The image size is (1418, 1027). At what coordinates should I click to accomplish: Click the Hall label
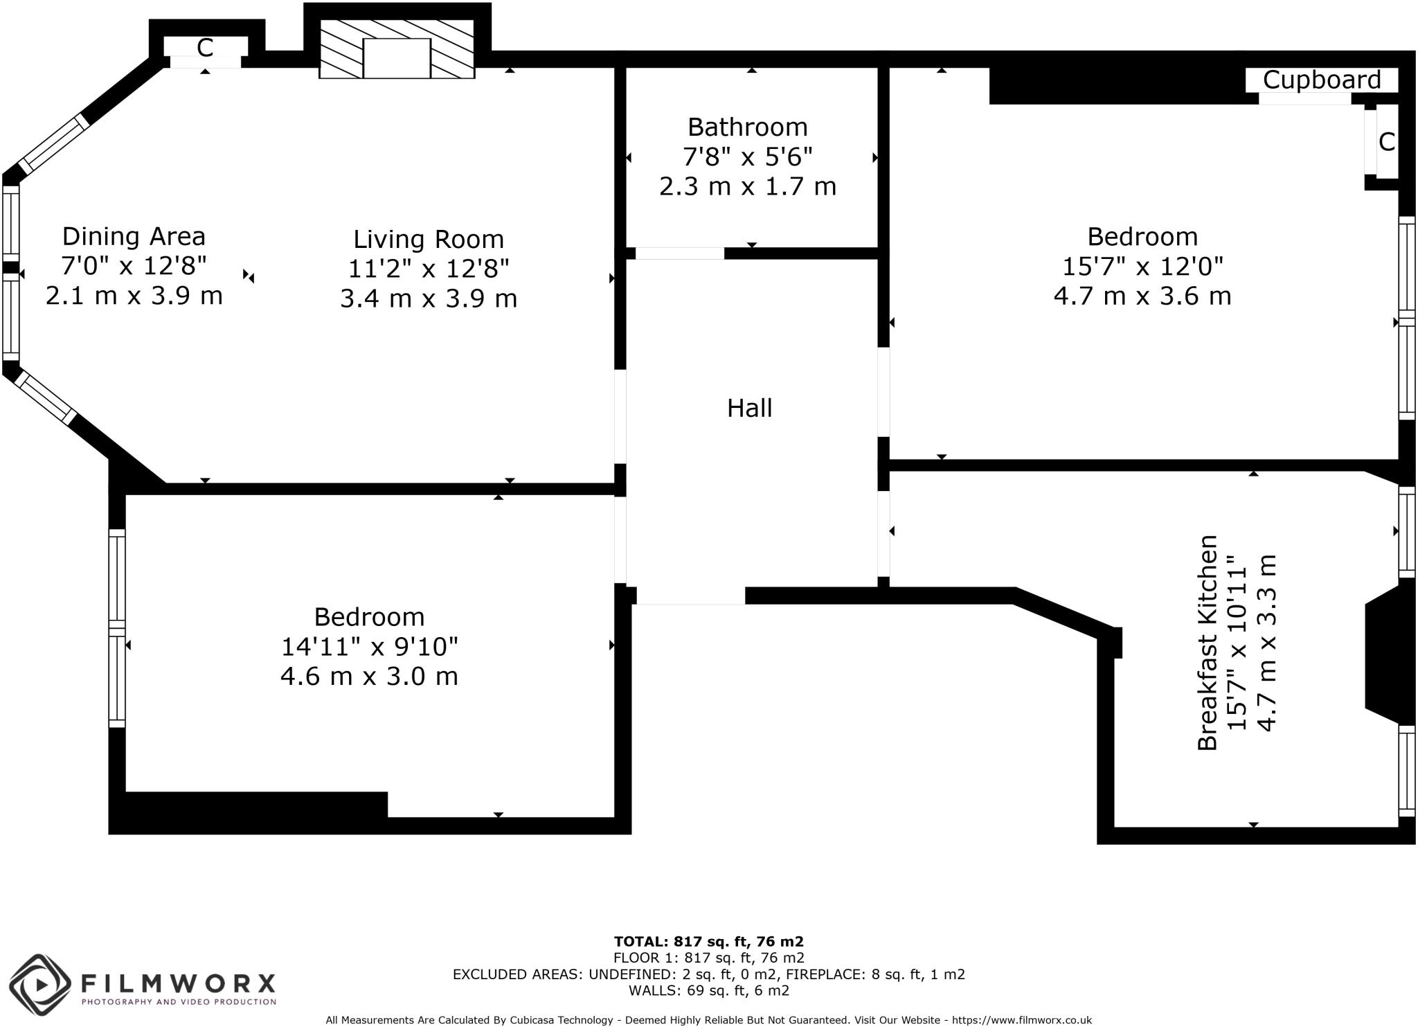749,408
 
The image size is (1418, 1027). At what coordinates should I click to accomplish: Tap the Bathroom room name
747,127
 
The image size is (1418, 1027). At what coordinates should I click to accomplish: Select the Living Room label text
428,240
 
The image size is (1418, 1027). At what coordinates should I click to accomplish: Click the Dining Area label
134,237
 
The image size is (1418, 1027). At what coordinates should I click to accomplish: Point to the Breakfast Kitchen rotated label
1207,642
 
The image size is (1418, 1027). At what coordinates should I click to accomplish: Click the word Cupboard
1321,80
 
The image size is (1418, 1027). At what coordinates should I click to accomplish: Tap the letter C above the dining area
204,48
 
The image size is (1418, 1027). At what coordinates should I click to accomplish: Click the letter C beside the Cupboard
1386,142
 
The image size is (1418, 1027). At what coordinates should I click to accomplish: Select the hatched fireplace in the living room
397,49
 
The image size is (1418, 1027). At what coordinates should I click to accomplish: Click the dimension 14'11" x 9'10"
369,647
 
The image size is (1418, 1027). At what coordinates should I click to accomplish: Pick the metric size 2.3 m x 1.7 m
747,187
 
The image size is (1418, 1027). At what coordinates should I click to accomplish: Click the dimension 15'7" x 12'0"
1142,266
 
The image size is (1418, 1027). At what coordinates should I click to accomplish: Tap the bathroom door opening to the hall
679,253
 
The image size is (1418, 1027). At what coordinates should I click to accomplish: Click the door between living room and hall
620,416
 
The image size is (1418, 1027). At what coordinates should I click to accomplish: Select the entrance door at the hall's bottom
690,596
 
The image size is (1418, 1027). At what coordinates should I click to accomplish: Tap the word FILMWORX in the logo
179,983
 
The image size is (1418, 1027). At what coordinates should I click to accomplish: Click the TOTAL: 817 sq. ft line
708,941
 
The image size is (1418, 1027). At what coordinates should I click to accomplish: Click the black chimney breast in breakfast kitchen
1388,655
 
